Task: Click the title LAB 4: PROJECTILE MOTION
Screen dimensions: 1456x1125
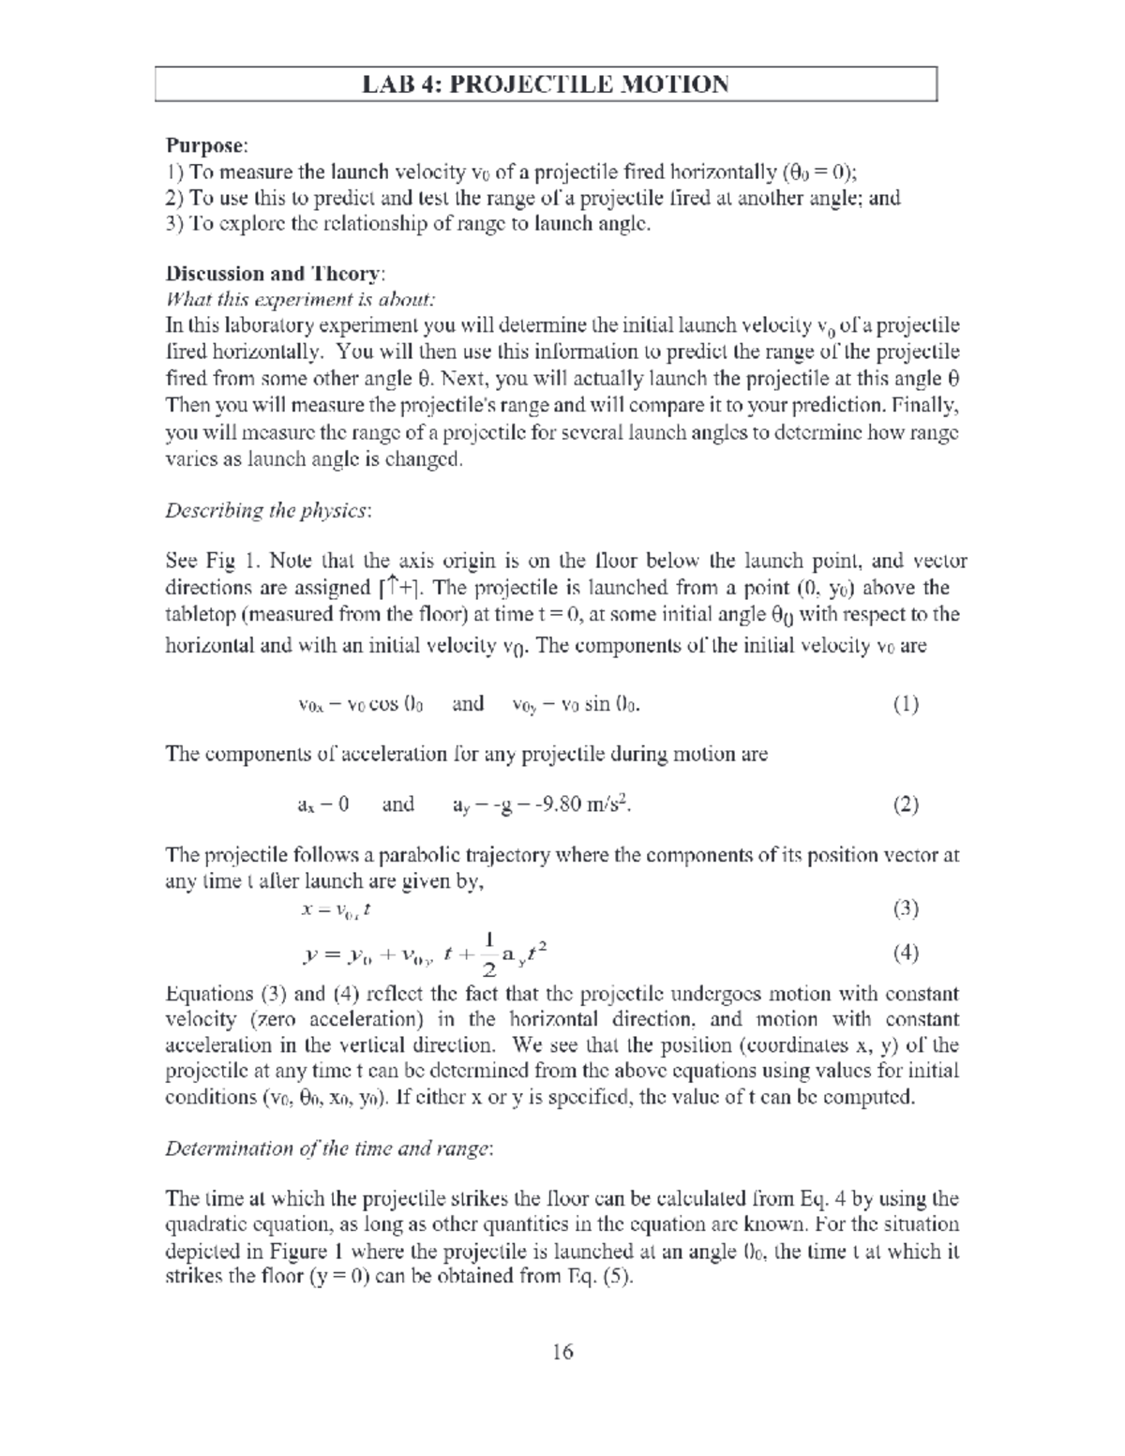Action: tap(546, 84)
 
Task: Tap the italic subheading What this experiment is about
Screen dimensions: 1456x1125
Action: tap(300, 300)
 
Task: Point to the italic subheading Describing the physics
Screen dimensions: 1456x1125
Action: tap(268, 511)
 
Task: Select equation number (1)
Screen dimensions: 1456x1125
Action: tap(905, 704)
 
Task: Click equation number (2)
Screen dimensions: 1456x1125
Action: tap(905, 804)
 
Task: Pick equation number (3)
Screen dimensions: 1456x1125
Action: tap(905, 908)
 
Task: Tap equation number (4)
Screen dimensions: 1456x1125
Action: tap(905, 953)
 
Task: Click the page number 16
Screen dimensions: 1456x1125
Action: tap(562, 1351)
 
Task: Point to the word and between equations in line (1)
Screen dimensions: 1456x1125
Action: tap(468, 704)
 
